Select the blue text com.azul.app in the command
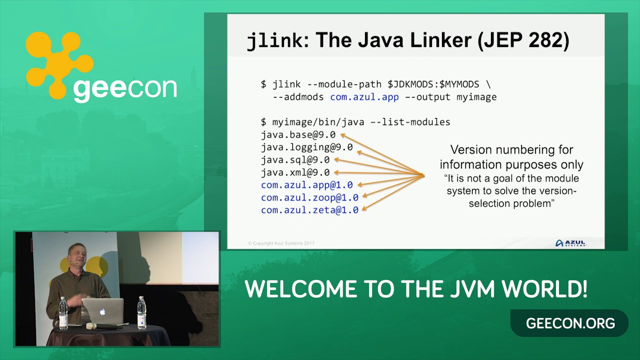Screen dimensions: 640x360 point(364,97)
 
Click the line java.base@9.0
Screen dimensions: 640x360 point(298,134)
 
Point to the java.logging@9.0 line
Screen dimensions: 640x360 point(306,147)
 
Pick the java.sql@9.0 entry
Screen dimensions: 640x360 point(295,160)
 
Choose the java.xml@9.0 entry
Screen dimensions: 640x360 point(295,172)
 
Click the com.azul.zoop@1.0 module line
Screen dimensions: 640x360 point(309,197)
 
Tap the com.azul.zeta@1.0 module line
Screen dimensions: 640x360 point(309,210)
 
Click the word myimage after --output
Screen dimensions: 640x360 point(476,97)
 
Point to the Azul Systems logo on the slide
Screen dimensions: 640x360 point(570,243)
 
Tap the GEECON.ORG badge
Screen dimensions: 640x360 point(570,323)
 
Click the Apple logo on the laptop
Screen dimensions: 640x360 point(102,312)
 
